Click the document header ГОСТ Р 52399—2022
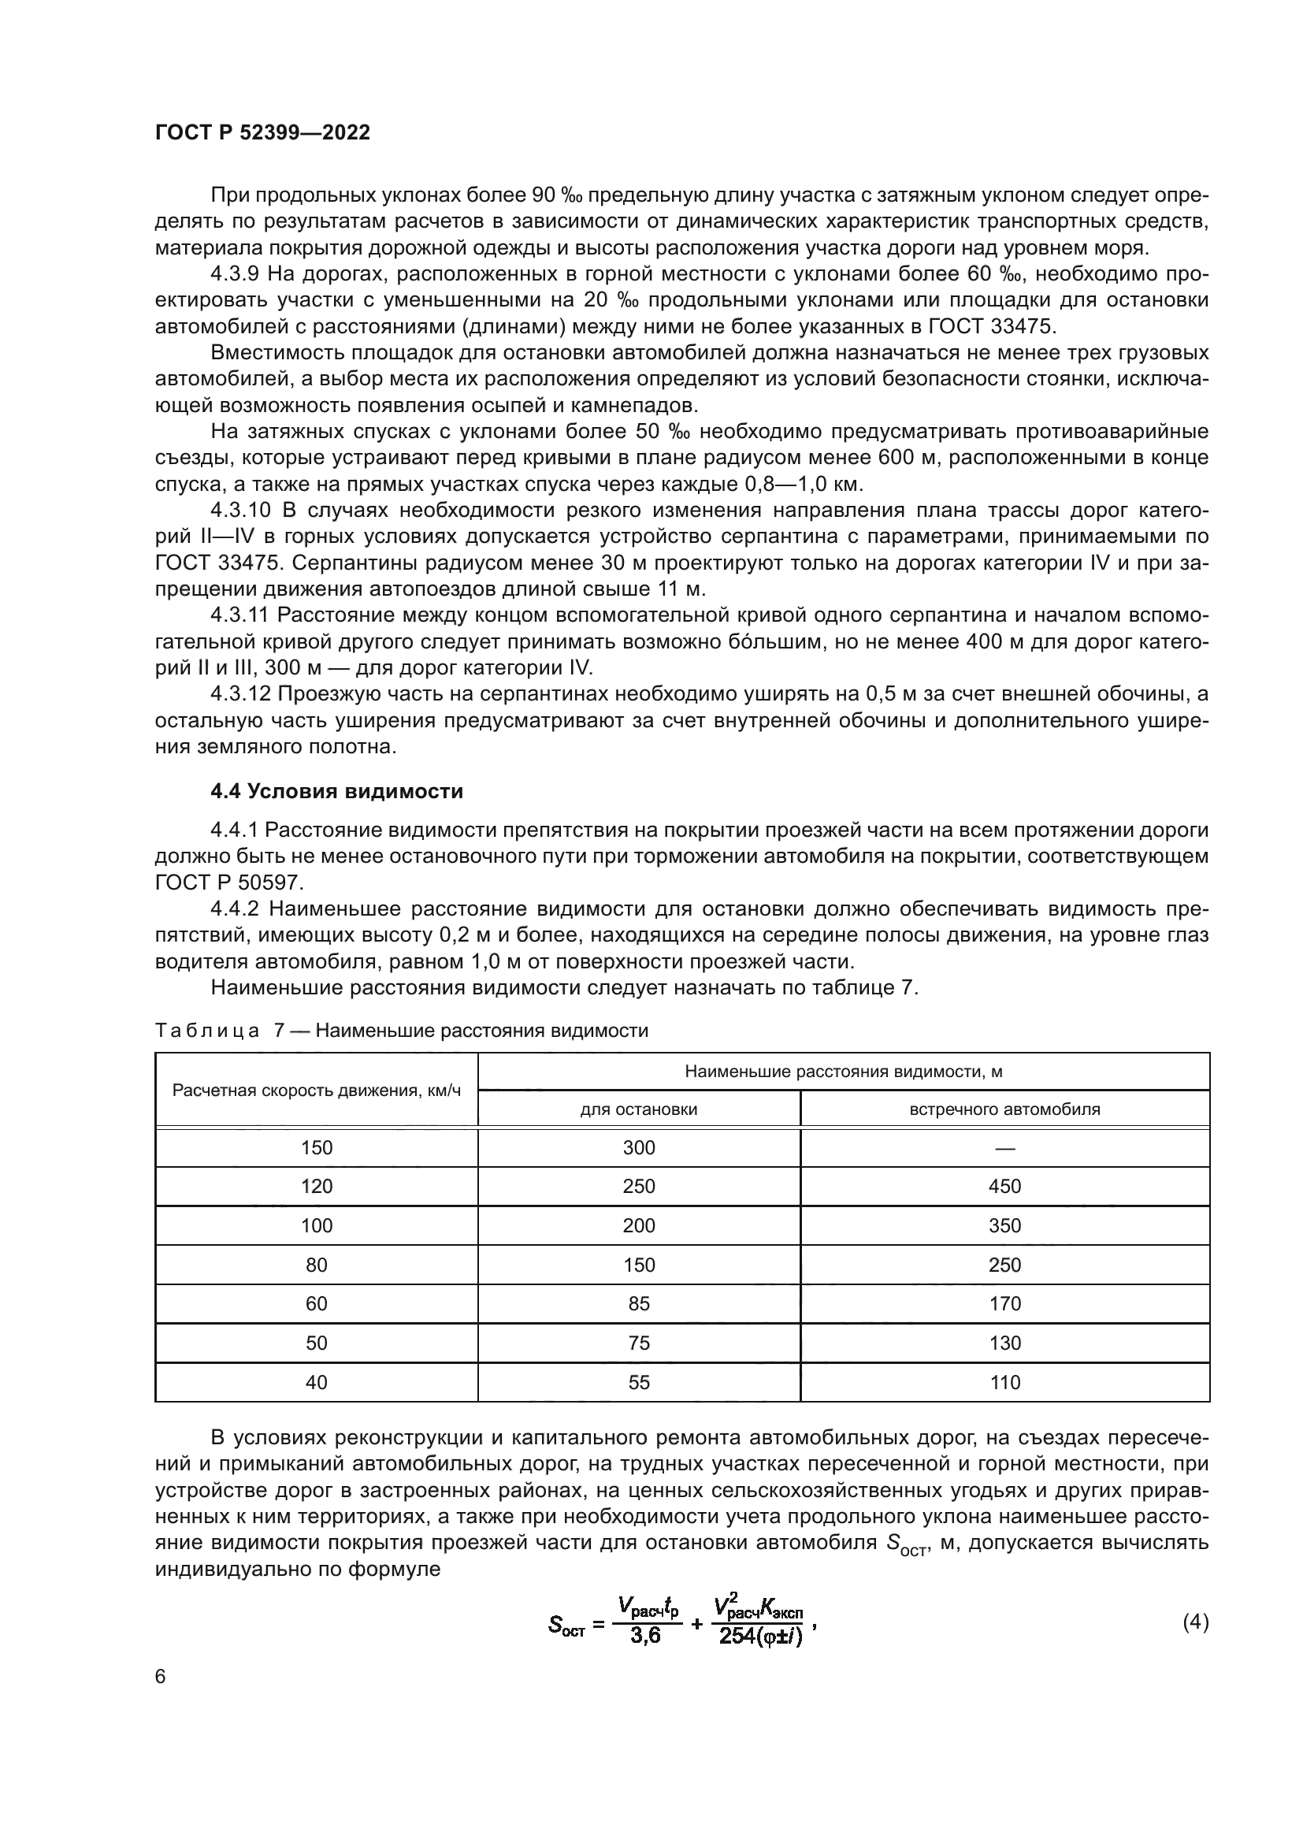(x=262, y=132)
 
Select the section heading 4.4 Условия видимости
(x=337, y=791)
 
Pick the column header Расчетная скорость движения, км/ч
(x=317, y=1091)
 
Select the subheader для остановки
(x=639, y=1109)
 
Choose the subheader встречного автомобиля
(x=1004, y=1109)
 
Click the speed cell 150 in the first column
(x=317, y=1148)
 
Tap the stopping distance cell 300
(x=639, y=1148)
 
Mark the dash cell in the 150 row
(x=1004, y=1148)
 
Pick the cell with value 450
(x=1004, y=1187)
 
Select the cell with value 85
(x=639, y=1303)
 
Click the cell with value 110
(x=1004, y=1382)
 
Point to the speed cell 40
(x=317, y=1382)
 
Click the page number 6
(x=161, y=1676)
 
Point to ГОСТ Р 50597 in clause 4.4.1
(x=228, y=882)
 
